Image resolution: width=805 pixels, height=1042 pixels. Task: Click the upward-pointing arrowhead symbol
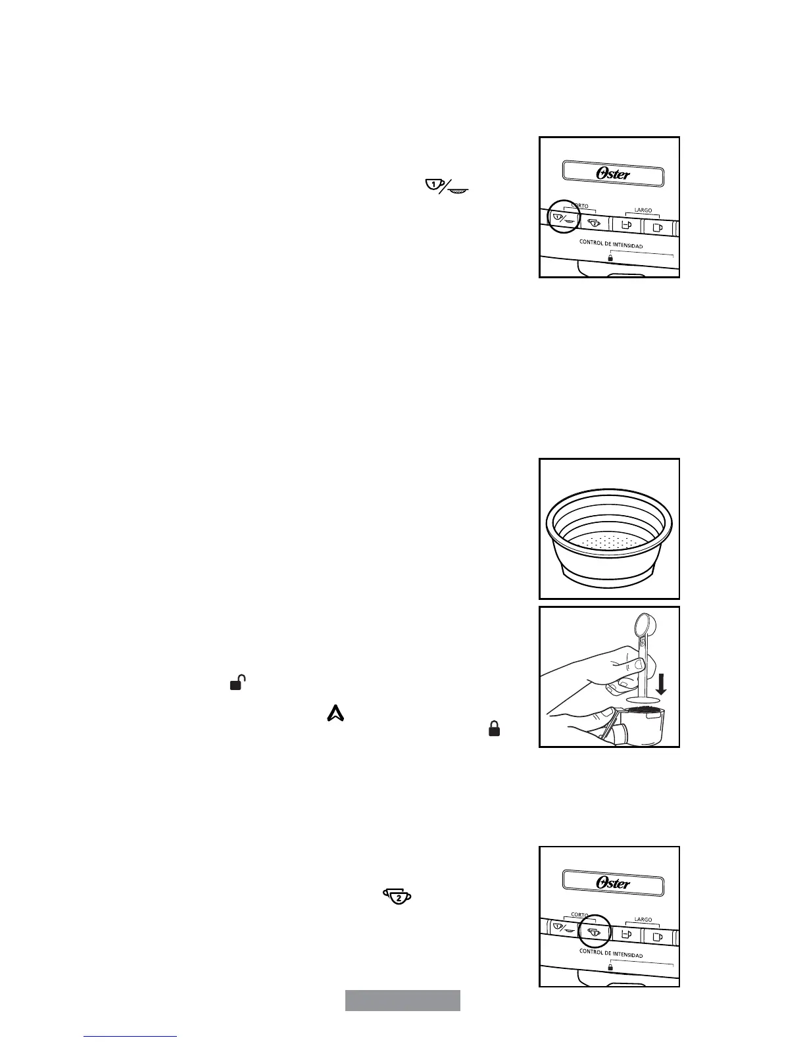click(x=335, y=713)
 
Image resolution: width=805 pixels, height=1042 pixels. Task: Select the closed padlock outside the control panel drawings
click(x=494, y=728)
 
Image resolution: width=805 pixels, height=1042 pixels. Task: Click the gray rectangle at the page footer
click(x=402, y=1000)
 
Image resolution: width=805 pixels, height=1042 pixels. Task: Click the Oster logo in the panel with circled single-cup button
click(x=613, y=174)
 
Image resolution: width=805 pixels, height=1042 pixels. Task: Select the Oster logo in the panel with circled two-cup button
click(x=613, y=883)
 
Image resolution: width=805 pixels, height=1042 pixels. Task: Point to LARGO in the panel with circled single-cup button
click(x=643, y=211)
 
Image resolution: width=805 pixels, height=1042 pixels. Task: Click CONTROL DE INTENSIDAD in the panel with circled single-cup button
click(x=610, y=245)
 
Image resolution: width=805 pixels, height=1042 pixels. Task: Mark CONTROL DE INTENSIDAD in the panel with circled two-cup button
click(x=610, y=954)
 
